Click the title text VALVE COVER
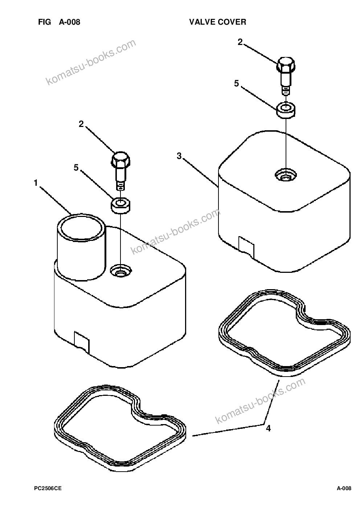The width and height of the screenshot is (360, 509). pos(217,22)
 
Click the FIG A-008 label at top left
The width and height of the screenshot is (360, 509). pos(59,22)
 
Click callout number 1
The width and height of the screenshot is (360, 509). pos(36,183)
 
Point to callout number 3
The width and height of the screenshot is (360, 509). pos(179,156)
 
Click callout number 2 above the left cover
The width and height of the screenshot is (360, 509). pos(81,124)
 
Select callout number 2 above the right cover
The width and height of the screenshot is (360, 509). pos(240,42)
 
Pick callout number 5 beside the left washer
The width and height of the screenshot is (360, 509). pos(76,168)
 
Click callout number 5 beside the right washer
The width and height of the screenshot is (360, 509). pos(237,83)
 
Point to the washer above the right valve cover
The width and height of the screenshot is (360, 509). pos(286,110)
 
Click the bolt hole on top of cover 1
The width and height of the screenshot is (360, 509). pos(121,270)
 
